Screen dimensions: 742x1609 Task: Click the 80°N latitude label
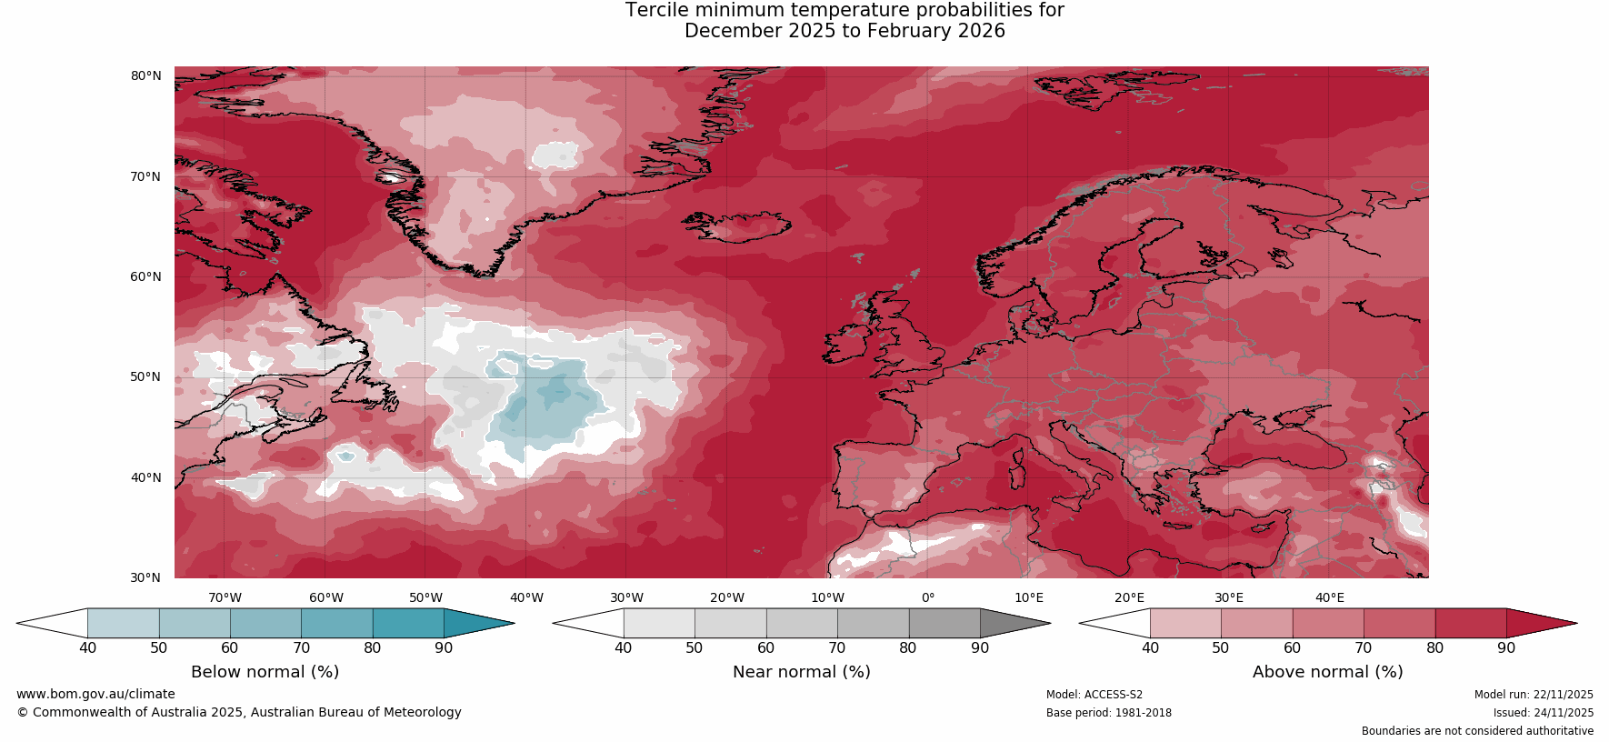(145, 75)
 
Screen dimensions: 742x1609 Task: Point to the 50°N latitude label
(145, 376)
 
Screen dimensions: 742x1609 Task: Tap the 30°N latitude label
(145, 577)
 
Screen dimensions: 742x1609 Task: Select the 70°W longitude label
(225, 597)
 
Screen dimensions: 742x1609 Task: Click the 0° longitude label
(928, 597)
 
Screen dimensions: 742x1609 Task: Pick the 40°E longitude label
(1329, 597)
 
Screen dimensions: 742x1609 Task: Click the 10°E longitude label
(1029, 597)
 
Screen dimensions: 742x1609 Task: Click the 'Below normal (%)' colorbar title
(265, 672)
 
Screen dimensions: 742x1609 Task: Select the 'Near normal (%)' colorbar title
(801, 672)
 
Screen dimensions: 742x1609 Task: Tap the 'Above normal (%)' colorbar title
(1327, 672)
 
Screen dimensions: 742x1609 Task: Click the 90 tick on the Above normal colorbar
(1506, 648)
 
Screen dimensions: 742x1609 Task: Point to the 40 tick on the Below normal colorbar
(87, 648)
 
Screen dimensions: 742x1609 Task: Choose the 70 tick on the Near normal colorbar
(837, 648)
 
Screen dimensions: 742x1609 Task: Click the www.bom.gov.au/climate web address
(95, 694)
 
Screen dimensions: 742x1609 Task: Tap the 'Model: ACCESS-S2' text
(1094, 695)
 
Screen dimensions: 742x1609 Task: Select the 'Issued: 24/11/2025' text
(1543, 713)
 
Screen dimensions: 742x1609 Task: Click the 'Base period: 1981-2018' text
(1108, 713)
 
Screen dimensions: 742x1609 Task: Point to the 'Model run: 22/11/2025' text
(1534, 695)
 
